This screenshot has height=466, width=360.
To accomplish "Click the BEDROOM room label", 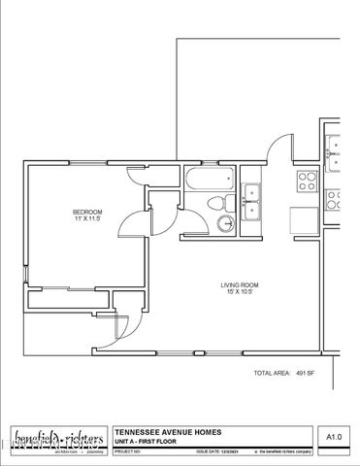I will coord(87,212).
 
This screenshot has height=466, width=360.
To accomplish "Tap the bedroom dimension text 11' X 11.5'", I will coord(87,219).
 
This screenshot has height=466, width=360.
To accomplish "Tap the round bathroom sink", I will coord(226,222).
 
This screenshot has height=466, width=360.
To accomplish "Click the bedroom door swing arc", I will coord(131,223).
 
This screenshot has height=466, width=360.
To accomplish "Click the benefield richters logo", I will coord(58,439).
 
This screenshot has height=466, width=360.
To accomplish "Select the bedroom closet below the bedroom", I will coord(68,299).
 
